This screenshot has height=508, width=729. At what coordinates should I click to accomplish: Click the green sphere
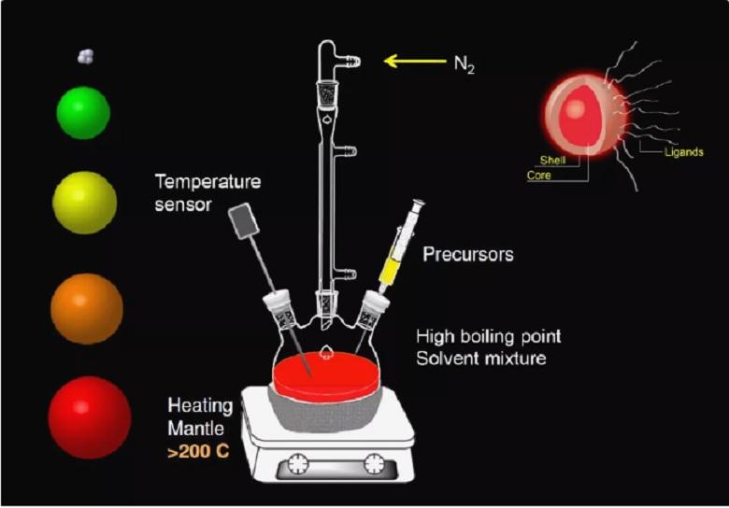83,113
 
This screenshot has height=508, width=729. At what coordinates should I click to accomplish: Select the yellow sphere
85,203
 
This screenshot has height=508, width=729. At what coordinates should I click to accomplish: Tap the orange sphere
87,309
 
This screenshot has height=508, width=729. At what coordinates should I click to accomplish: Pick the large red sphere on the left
90,417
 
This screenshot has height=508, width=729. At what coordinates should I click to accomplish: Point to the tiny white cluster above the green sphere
86,57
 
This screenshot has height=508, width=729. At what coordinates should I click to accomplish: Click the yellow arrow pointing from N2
415,61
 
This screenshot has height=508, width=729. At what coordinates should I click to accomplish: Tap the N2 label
465,64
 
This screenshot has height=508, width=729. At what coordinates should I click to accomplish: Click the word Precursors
468,254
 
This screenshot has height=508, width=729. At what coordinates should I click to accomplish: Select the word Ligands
684,152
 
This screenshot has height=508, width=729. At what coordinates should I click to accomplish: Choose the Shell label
552,161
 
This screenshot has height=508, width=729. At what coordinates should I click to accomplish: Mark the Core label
539,176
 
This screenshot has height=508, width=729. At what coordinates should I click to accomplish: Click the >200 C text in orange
198,451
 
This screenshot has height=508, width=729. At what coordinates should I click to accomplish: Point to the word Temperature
207,181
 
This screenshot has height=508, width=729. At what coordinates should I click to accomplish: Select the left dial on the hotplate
297,463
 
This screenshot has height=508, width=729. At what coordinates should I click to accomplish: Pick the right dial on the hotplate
375,463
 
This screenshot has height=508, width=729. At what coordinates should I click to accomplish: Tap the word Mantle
195,428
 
